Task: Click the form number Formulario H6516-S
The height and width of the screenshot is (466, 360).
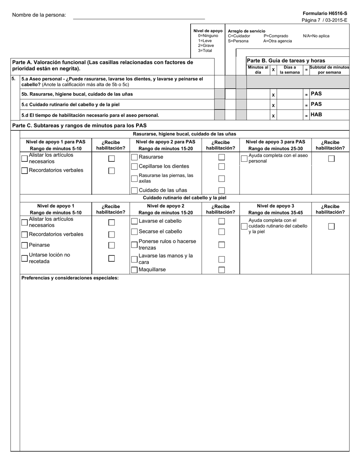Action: pyautogui.click(x=325, y=13)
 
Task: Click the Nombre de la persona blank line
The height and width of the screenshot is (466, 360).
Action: pyautogui.click(x=139, y=16)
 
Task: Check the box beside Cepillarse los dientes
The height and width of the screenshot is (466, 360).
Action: pyautogui.click(x=134, y=167)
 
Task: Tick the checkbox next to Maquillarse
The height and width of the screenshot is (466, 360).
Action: pyautogui.click(x=134, y=270)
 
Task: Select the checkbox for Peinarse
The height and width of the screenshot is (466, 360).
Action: pyautogui.click(x=25, y=245)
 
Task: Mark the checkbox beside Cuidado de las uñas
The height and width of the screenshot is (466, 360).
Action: pyautogui.click(x=134, y=191)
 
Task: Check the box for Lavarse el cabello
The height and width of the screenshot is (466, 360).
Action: pyautogui.click(x=134, y=221)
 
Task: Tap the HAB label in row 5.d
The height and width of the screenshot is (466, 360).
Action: pyautogui.click(x=316, y=114)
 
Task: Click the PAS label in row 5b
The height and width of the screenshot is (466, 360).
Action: pyautogui.click(x=316, y=94)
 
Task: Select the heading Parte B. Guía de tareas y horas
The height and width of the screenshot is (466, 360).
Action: pyautogui.click(x=286, y=61)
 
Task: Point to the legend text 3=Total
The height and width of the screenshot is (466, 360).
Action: pyautogui.click(x=205, y=51)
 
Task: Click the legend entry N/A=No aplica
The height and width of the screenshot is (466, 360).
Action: pyautogui.click(x=316, y=36)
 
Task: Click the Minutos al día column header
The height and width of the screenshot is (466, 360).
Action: pyautogui.click(x=258, y=70)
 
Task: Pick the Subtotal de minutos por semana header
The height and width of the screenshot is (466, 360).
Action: pyautogui.click(x=329, y=70)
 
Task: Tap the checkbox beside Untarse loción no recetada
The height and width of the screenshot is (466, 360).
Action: pyautogui.click(x=25, y=258)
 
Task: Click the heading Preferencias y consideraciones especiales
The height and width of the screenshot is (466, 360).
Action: pyautogui.click(x=70, y=278)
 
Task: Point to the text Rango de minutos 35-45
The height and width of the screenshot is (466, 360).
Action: pyautogui.click(x=275, y=213)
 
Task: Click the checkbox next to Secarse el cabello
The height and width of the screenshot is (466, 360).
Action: pyautogui.click(x=134, y=231)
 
